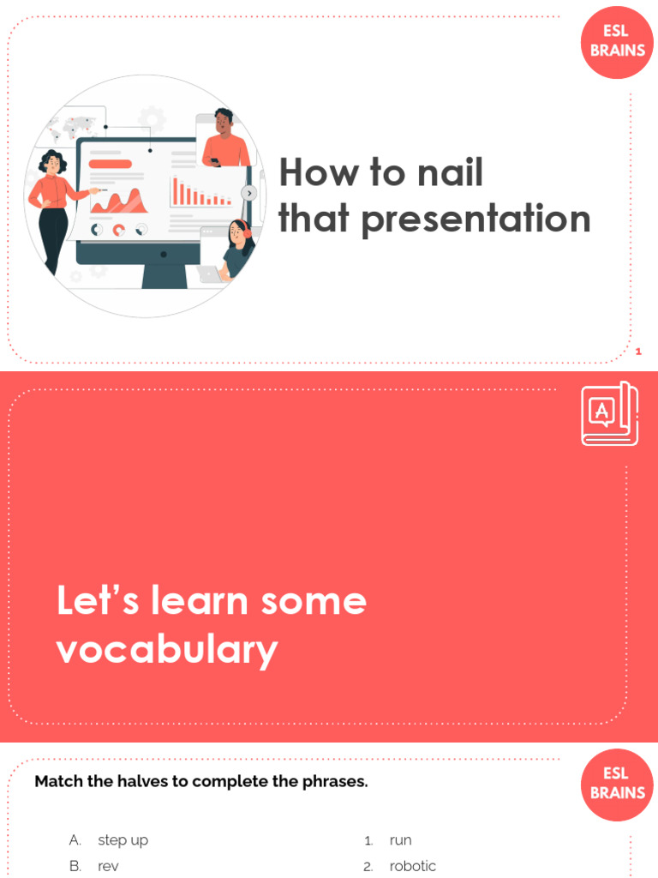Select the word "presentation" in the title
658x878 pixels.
coord(476,219)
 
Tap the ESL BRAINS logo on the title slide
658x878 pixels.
coord(617,42)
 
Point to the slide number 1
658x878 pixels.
coord(638,352)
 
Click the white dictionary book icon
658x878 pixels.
coord(609,413)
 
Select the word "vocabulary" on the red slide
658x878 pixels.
coord(167,650)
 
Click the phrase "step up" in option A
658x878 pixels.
coord(123,840)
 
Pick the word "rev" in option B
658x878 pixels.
coord(108,866)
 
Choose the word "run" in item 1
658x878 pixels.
coord(400,840)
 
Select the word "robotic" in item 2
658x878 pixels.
coord(412,866)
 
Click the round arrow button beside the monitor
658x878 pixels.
coord(249,193)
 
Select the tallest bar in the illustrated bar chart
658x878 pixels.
coord(175,190)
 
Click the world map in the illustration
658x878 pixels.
coord(72,128)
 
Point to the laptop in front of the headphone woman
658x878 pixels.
coord(210,274)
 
